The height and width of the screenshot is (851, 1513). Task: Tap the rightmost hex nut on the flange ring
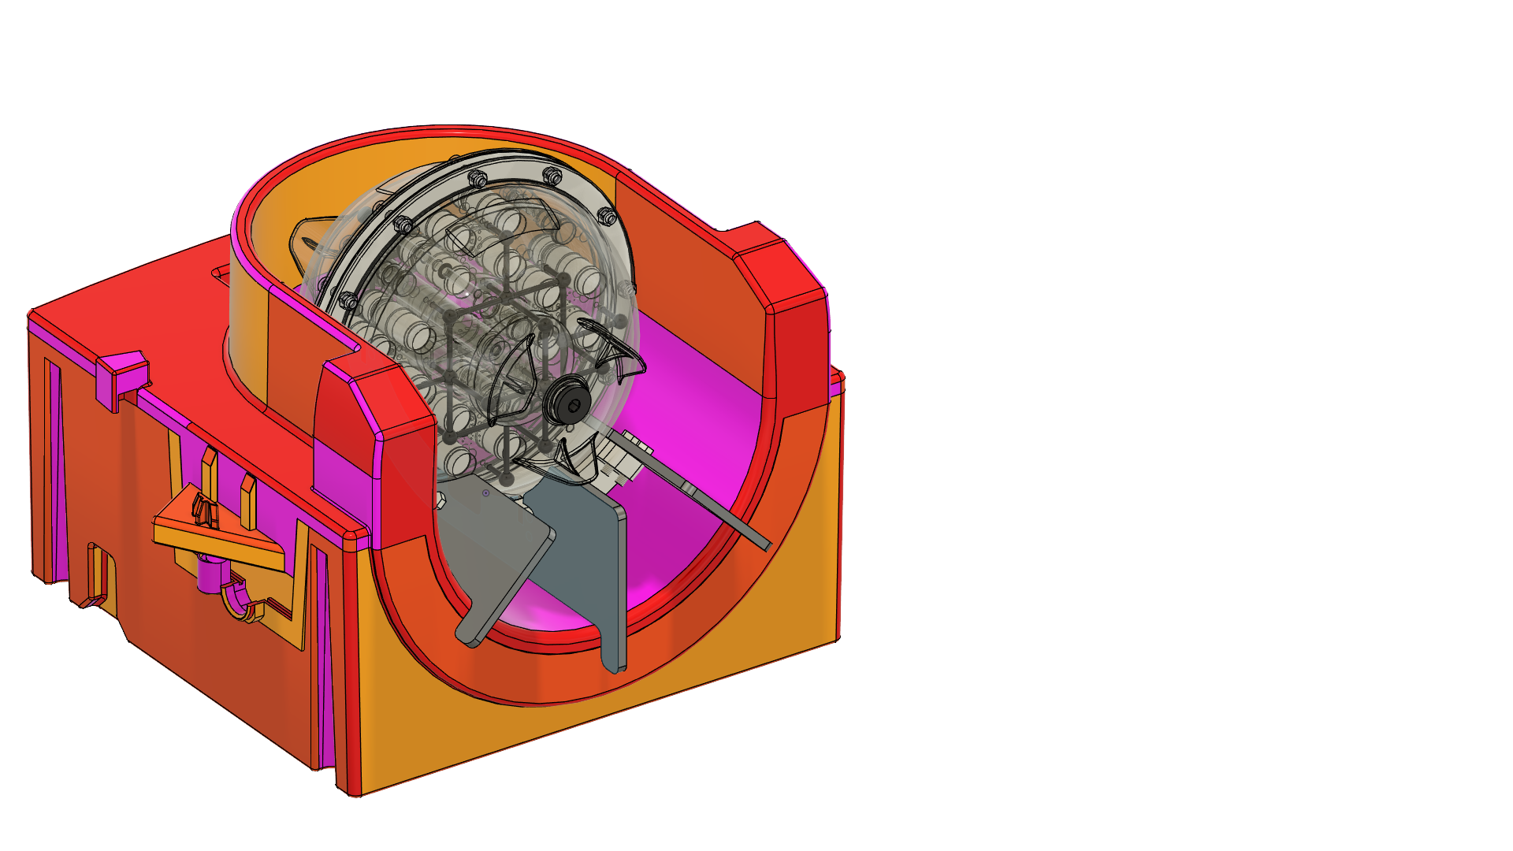pos(606,215)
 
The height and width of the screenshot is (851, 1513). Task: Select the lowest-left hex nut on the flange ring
pos(348,300)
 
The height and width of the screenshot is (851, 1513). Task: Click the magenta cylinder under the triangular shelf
pos(208,574)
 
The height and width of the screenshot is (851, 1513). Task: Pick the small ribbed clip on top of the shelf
pos(204,511)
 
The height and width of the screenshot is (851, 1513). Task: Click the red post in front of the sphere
pos(378,441)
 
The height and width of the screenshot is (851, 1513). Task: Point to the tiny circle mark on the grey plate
pos(486,493)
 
